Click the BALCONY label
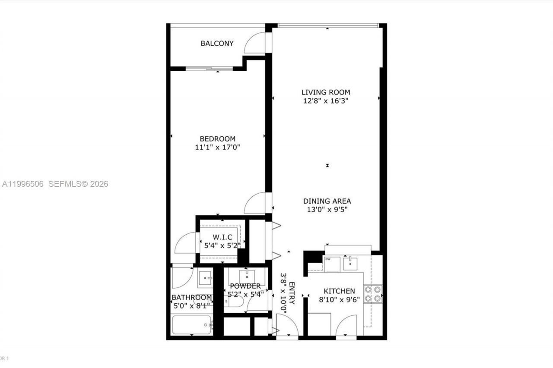pyautogui.click(x=217, y=43)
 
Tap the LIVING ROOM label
pyautogui.click(x=325, y=92)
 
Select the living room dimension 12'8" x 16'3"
pyautogui.click(x=325, y=101)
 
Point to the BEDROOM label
pyautogui.click(x=217, y=138)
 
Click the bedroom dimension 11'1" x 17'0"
pyautogui.click(x=217, y=148)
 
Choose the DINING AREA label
pyautogui.click(x=327, y=201)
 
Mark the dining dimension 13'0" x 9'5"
pyautogui.click(x=327, y=210)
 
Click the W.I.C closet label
pyautogui.click(x=222, y=237)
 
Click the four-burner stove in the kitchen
pyautogui.click(x=373, y=293)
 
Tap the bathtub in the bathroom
pyautogui.click(x=191, y=325)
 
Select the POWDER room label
pyautogui.click(x=245, y=286)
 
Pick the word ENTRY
pyautogui.click(x=292, y=293)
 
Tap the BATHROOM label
pyautogui.click(x=191, y=297)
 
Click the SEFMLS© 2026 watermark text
pyautogui.click(x=78, y=184)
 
